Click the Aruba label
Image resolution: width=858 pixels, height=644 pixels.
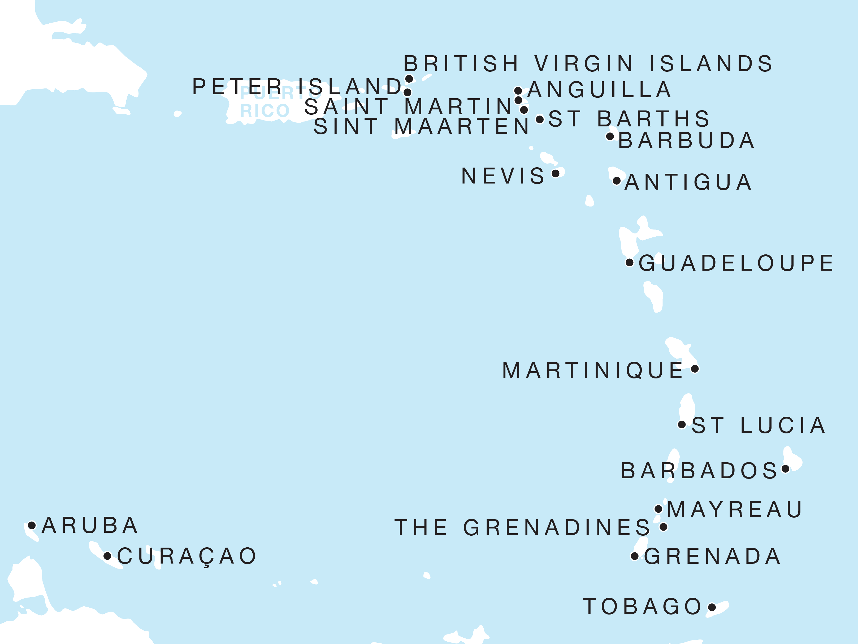(90, 526)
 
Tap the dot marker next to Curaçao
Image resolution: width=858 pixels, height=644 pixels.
(108, 556)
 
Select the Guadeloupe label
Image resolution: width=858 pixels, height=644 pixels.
(736, 263)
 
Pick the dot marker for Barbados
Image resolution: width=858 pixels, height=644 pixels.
(786, 469)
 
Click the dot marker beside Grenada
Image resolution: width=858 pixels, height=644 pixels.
(635, 556)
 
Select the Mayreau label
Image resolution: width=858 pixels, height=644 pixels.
(735, 510)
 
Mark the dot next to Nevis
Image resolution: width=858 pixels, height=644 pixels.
(556, 173)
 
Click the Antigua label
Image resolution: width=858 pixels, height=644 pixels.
(688, 182)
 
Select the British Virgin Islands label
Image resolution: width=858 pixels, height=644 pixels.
(588, 64)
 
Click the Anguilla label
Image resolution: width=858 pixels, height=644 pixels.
(599, 90)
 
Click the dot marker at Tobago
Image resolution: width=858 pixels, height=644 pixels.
(712, 607)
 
